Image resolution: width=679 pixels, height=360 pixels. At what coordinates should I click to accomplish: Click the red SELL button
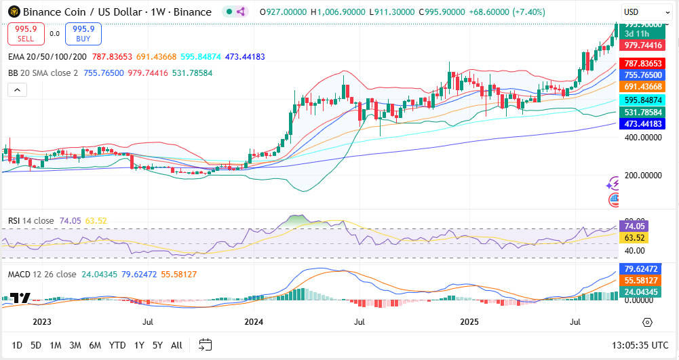coord(26,33)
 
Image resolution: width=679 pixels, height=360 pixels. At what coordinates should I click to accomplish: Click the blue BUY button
coord(84,33)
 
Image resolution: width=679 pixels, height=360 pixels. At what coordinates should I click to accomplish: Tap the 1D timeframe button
coord(18,345)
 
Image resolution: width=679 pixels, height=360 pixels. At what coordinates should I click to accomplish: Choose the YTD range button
coord(117,345)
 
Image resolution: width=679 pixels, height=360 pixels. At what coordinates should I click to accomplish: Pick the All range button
coord(176,345)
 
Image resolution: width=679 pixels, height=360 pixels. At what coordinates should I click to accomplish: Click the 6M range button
coord(95,345)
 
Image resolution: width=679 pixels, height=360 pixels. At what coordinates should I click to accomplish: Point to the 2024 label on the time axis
coord(254,322)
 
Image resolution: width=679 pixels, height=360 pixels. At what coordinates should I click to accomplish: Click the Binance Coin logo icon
coord(13,12)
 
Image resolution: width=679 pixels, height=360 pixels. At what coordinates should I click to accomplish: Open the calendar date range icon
coord(205,345)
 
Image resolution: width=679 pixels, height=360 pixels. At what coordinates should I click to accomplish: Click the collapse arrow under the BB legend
coord(16,89)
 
